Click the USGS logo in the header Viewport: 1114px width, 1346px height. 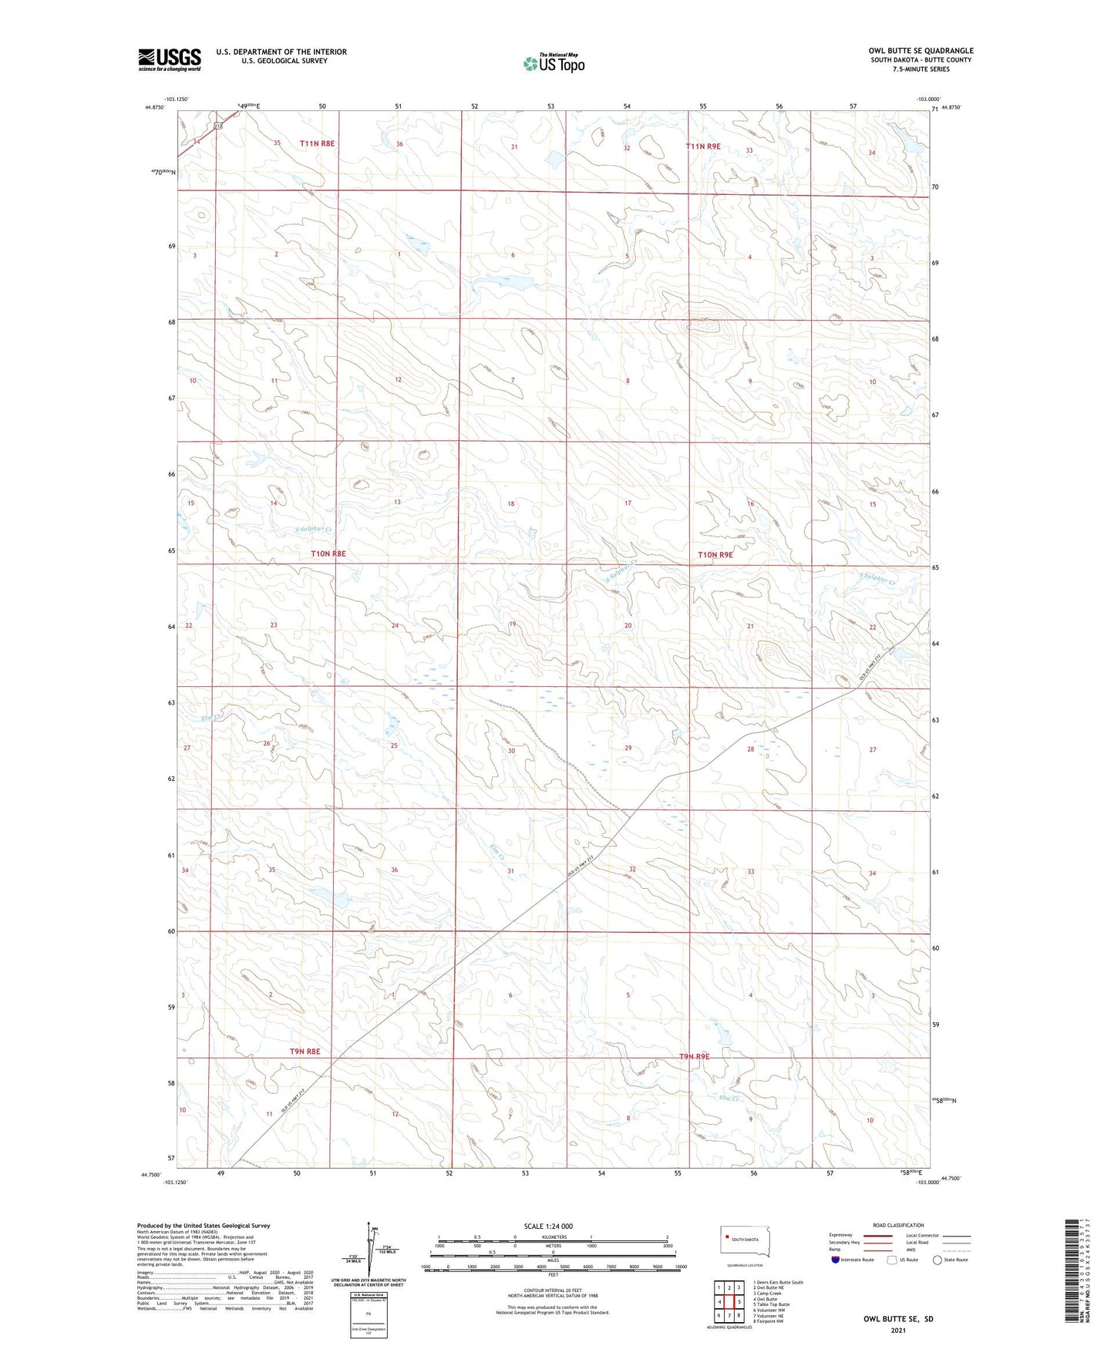tap(170, 59)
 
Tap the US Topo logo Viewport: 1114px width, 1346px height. tap(553, 63)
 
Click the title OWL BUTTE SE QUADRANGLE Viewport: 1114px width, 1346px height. tap(920, 51)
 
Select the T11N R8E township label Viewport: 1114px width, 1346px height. tap(317, 143)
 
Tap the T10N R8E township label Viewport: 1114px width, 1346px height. tap(328, 554)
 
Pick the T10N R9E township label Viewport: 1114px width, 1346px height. tap(715, 554)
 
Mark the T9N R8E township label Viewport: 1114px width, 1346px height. tap(305, 1052)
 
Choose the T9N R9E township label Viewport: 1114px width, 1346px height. tap(694, 1056)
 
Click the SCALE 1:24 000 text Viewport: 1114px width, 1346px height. tap(548, 1226)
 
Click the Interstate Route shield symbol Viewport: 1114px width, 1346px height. tap(836, 1260)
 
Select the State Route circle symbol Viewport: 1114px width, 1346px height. tap(937, 1260)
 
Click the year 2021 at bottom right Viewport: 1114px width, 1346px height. tap(898, 1331)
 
